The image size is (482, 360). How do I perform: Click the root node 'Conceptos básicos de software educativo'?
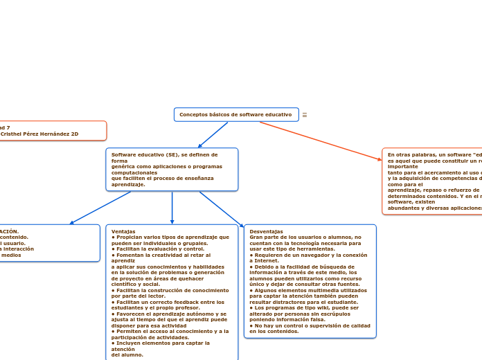235,114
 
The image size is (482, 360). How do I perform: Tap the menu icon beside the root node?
305,115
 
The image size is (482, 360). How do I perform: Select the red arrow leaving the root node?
319,141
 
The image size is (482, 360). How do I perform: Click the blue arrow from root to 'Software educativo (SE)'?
213,135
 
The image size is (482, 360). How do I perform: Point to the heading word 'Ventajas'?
123,231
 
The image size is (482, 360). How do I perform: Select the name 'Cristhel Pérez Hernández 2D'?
39,134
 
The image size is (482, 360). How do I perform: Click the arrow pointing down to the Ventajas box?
172,208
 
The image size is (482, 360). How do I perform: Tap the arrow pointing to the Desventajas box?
222,209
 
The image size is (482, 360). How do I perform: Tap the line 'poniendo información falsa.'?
287,320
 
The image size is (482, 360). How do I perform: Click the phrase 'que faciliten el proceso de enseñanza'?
162,179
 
